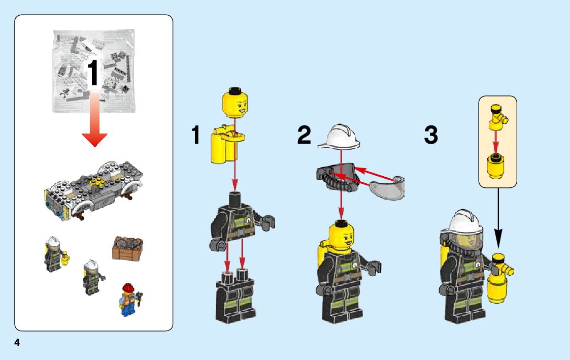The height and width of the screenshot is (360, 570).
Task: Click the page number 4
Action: tap(17, 342)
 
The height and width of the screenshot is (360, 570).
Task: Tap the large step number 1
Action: tap(195, 135)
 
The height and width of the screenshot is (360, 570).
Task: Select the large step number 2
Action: tap(304, 135)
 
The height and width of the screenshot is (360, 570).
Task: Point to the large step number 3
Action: tap(431, 135)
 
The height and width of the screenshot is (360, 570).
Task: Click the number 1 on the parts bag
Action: tap(92, 73)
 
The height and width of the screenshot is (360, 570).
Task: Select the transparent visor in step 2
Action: tap(387, 188)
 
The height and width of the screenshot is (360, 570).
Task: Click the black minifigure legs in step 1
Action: tap(236, 297)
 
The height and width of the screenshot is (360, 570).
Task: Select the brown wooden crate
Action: tap(127, 249)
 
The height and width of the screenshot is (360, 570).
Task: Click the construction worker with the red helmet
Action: tap(129, 300)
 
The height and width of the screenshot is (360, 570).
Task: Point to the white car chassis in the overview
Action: tap(93, 190)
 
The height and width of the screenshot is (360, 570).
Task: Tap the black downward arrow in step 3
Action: tap(498, 218)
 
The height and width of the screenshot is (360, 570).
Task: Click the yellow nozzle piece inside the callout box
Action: tap(498, 117)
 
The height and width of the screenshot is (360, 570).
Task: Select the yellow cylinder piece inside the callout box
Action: tap(496, 166)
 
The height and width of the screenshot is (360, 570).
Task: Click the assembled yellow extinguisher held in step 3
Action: tap(499, 279)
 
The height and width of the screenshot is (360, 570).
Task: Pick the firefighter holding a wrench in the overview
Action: tap(93, 277)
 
